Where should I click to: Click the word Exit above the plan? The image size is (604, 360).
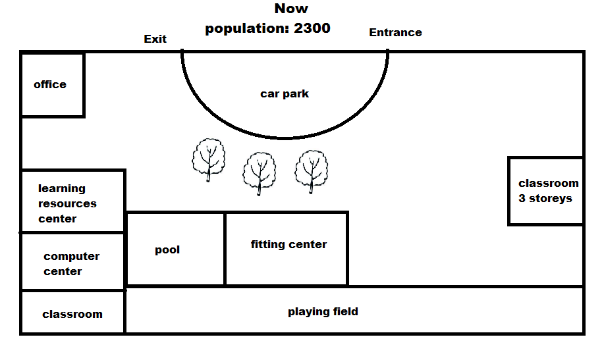[155, 39]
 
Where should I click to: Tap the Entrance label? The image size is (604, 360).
[395, 32]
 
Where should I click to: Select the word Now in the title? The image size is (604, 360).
[291, 9]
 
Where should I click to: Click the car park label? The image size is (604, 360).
[285, 94]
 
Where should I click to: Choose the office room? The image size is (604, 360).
[52, 85]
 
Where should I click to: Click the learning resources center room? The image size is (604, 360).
[72, 201]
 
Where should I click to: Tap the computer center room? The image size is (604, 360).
[72, 262]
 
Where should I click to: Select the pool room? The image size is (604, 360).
[175, 249]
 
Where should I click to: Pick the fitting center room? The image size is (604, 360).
[287, 249]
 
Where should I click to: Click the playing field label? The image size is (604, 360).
[323, 311]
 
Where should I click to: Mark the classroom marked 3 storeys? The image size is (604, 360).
[545, 191]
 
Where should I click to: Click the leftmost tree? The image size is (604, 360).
[209, 159]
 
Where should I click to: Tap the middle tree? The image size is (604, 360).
[260, 172]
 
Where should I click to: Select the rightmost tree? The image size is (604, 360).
[311, 170]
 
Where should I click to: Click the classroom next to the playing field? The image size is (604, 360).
[72, 314]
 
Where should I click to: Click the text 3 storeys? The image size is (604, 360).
[545, 198]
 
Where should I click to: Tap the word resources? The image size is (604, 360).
[67, 204]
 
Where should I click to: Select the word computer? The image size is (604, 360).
[72, 257]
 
